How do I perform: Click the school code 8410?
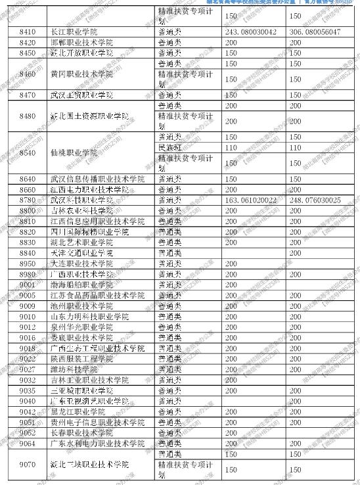[27, 32]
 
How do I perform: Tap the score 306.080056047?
[315, 32]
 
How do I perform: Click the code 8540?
[27, 152]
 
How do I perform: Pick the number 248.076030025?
[315, 200]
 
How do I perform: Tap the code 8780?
[27, 200]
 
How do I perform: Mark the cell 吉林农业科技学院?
[81, 210]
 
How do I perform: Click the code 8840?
[27, 252]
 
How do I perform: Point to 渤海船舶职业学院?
[81, 285]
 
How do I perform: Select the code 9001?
[27, 285]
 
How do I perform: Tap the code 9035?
[27, 390]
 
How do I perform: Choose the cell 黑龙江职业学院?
[77, 411]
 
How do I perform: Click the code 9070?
[27, 465]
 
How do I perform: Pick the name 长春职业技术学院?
[81, 433]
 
